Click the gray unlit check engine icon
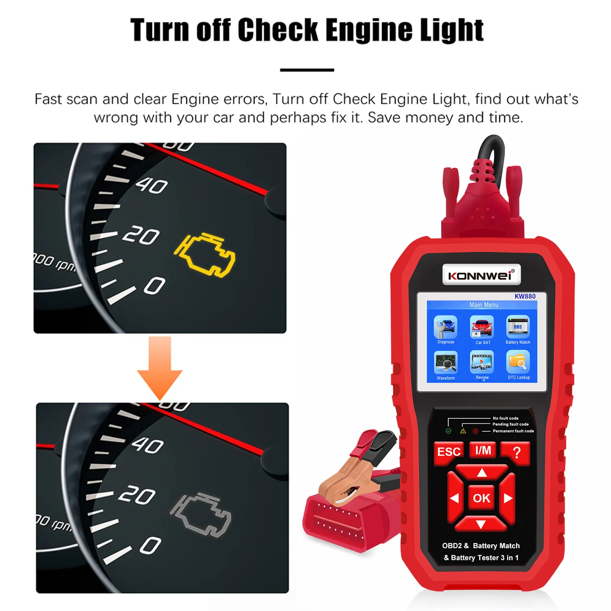(201, 514)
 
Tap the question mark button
(516, 452)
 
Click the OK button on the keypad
(481, 498)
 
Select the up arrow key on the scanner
(482, 473)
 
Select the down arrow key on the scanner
(481, 524)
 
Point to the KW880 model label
(525, 296)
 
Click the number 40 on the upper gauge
(152, 186)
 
